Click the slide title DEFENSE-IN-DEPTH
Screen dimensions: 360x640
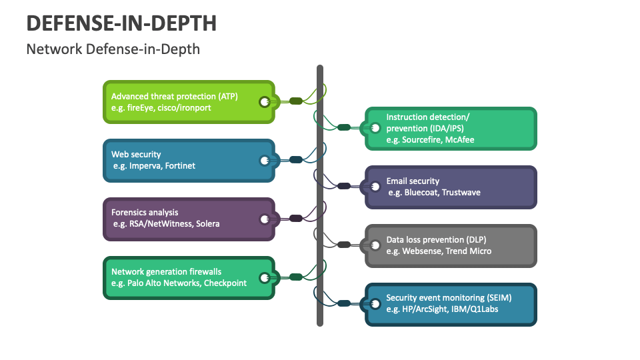[x=121, y=23]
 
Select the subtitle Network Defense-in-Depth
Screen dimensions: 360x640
[x=113, y=49]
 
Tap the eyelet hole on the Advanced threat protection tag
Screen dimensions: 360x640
[x=265, y=101]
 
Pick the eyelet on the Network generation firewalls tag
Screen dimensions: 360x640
[x=265, y=277]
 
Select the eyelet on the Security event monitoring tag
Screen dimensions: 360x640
[x=375, y=303]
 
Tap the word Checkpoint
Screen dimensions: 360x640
[x=225, y=283]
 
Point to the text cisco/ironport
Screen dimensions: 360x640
[x=184, y=107]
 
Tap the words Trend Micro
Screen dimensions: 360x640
[x=469, y=251]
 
